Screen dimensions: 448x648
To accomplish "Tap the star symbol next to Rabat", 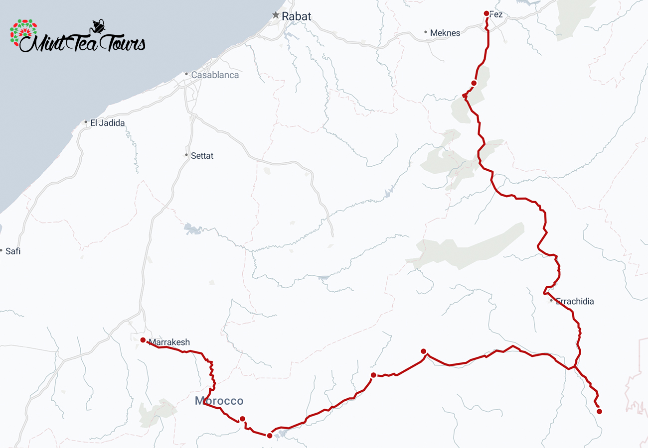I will point(276,15).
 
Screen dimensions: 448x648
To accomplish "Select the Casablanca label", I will point(215,75).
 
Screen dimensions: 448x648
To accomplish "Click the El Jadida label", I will point(107,123).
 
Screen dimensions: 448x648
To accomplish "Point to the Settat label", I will point(202,156).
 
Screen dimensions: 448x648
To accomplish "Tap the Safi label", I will point(13,251).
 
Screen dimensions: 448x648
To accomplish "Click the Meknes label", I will point(445,33).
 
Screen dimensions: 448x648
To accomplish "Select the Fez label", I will point(496,15).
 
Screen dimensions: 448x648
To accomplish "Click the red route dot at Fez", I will point(486,13).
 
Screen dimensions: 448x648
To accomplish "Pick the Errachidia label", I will point(575,302).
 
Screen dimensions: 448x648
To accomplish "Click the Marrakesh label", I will point(169,342).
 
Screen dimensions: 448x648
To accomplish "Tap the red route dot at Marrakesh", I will point(143,340).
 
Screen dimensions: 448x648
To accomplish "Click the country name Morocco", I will point(219,401).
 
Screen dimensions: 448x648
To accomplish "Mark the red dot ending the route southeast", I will point(599,411).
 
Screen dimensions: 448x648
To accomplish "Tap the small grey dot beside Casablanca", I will point(186,75).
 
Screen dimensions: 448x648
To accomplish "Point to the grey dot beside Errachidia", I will point(551,301).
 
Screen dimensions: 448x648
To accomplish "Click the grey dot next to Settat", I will point(186,155).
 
